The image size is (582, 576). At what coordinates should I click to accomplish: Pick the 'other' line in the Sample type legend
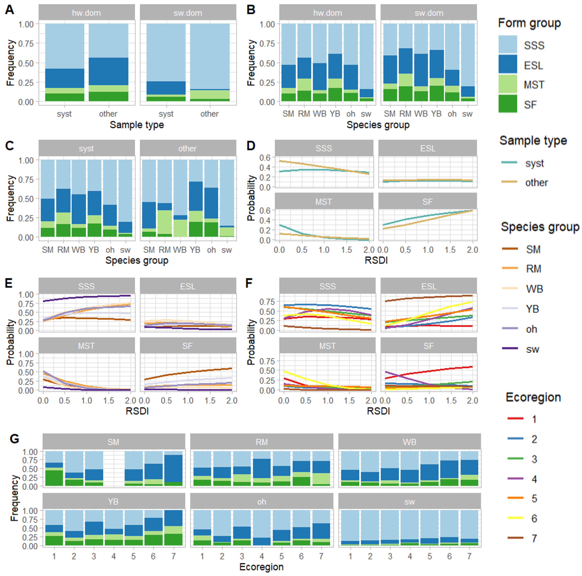tap(509, 182)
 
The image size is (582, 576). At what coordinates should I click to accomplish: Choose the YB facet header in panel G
tap(113, 502)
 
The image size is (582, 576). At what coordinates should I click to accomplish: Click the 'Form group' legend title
tap(529, 23)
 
